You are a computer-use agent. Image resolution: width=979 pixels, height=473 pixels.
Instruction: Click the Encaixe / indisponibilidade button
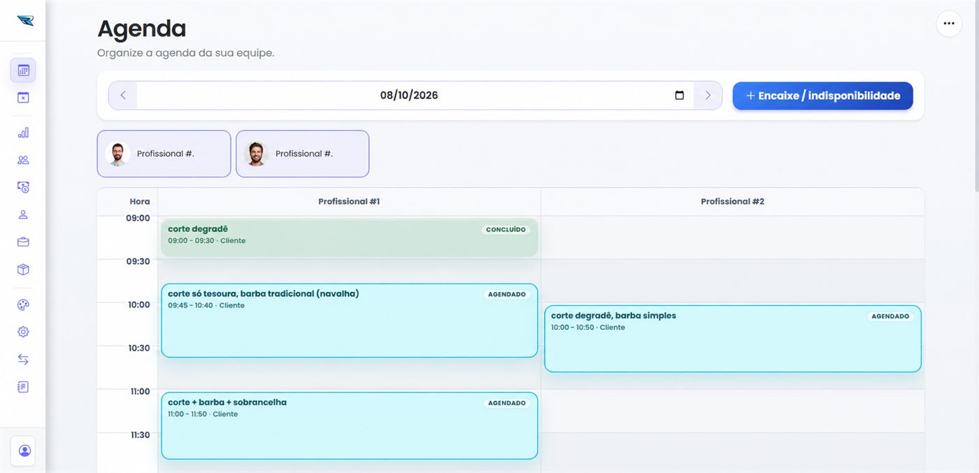click(x=822, y=96)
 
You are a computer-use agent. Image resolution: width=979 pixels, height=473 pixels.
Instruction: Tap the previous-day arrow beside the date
click(x=123, y=95)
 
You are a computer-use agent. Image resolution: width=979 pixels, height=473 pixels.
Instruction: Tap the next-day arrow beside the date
click(x=708, y=95)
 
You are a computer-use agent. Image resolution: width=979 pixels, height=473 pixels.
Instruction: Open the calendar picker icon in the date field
click(x=679, y=95)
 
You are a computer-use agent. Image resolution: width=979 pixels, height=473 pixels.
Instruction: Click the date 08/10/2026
click(x=408, y=95)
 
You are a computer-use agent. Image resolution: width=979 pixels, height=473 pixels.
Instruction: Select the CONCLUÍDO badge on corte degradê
click(x=506, y=230)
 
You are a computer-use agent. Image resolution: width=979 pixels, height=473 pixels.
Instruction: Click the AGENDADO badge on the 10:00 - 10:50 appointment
click(x=889, y=316)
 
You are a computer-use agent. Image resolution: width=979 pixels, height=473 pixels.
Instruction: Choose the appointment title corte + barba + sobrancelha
click(x=227, y=402)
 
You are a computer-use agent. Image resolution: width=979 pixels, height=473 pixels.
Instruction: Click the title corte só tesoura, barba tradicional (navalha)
click(x=263, y=293)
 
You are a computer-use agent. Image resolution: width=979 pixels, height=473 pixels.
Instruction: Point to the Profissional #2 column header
click(x=733, y=201)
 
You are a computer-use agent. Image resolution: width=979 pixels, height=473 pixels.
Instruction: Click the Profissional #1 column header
click(x=349, y=201)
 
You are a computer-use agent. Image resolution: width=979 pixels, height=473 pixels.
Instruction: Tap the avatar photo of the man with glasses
click(x=117, y=154)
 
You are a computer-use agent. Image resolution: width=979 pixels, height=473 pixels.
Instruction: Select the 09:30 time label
click(x=138, y=261)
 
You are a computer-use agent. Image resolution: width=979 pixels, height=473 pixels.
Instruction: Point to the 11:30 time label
click(x=140, y=435)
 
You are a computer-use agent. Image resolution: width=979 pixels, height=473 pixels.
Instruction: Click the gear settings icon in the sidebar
click(x=23, y=332)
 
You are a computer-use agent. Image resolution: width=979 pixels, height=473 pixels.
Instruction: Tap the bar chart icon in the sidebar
click(x=23, y=133)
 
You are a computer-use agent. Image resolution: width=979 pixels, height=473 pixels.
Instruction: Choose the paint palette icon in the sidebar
click(x=23, y=305)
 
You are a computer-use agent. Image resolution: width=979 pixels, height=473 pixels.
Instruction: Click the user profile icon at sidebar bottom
click(x=25, y=451)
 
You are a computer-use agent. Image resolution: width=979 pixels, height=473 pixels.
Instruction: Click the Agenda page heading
click(x=141, y=29)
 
